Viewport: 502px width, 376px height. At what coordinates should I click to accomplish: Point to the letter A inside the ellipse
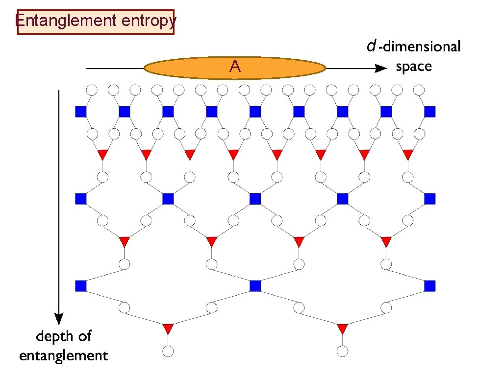pyautogui.click(x=235, y=67)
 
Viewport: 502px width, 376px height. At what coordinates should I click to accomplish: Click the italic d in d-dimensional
pyautogui.click(x=372, y=47)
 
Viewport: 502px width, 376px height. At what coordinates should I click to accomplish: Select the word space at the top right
pyautogui.click(x=414, y=67)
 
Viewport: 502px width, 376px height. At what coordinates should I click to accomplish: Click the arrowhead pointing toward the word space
pyautogui.click(x=379, y=69)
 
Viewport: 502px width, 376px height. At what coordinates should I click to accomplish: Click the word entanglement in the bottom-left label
pyautogui.click(x=64, y=355)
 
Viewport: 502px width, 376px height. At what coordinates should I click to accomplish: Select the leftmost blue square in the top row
pyautogui.click(x=81, y=112)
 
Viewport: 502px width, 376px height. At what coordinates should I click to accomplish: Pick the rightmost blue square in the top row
pyautogui.click(x=429, y=112)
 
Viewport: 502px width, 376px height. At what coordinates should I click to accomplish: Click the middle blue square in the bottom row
pyautogui.click(x=255, y=285)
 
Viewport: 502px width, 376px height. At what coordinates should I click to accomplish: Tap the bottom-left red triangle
pyautogui.click(x=168, y=328)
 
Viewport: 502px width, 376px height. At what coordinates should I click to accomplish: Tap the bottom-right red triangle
pyautogui.click(x=342, y=328)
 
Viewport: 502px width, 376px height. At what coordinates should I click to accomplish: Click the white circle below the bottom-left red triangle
pyautogui.click(x=168, y=351)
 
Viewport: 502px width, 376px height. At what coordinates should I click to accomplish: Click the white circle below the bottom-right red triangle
pyautogui.click(x=342, y=351)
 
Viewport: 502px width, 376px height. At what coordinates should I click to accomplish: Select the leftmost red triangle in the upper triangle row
pyautogui.click(x=102, y=154)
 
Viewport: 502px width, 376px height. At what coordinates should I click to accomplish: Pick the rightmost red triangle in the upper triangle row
pyautogui.click(x=408, y=154)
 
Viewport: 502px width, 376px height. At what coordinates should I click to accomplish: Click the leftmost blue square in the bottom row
pyautogui.click(x=81, y=285)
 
